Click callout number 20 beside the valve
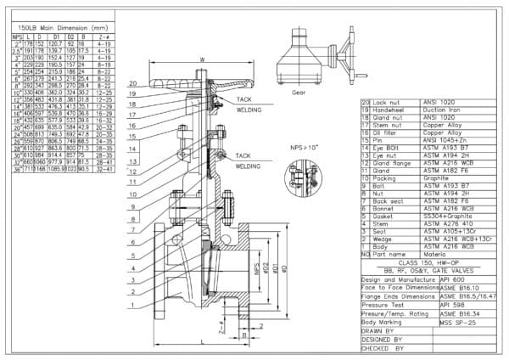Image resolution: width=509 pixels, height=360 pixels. tap(132, 84)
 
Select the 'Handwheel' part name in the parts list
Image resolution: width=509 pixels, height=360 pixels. tap(389, 109)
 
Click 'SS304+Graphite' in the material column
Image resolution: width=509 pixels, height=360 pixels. tap(435, 217)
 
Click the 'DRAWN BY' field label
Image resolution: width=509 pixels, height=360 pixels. tap(383, 332)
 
